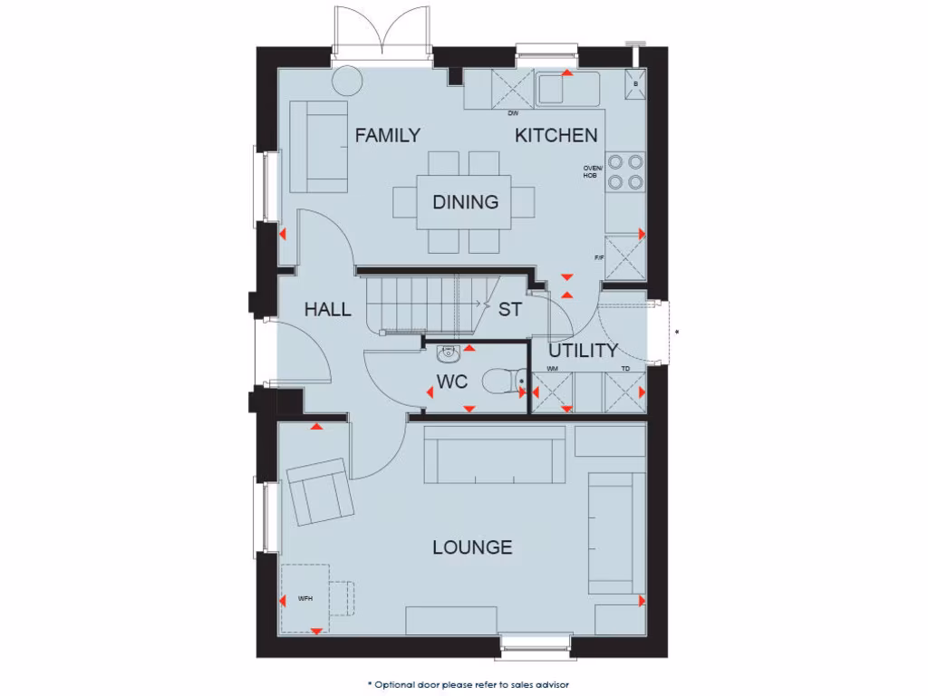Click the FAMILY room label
[x=387, y=136]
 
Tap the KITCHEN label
[x=556, y=136]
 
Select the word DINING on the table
[x=465, y=202]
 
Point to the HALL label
[x=327, y=310]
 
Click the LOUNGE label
[x=471, y=547]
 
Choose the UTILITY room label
[x=583, y=351]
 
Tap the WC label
[x=452, y=382]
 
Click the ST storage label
[x=510, y=310]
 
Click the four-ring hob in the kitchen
[x=625, y=172]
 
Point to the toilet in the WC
[x=499, y=382]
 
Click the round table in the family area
[x=346, y=82]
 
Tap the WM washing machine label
[x=551, y=369]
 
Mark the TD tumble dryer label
[x=625, y=369]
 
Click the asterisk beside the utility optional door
[x=677, y=333]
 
